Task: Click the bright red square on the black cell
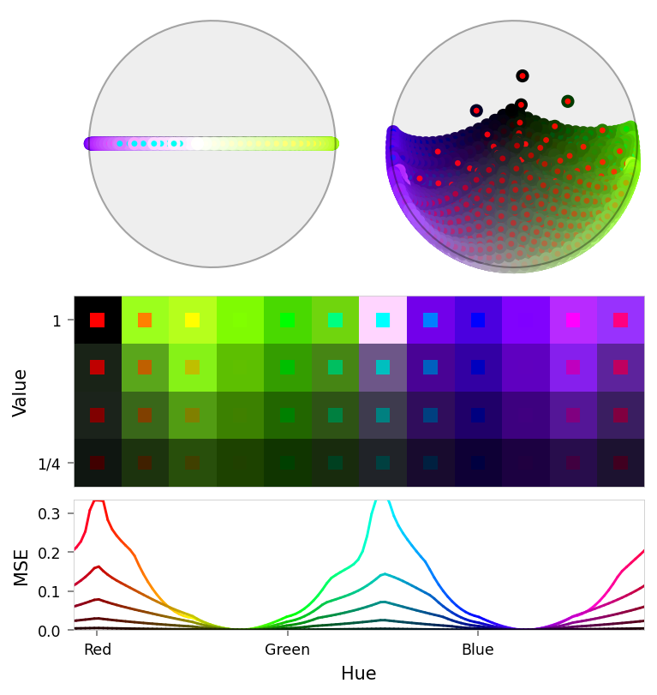[x=97, y=320]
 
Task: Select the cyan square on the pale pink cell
[x=383, y=320]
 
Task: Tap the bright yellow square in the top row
[x=192, y=320]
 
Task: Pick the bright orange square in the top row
[x=145, y=320]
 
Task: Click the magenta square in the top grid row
[x=573, y=320]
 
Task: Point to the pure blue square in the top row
[x=478, y=320]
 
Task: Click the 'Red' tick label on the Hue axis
[x=98, y=650]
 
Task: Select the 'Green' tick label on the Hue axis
[x=287, y=650]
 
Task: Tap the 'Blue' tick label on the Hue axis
[x=477, y=650]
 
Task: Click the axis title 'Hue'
[x=358, y=674]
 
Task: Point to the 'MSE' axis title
[x=21, y=567]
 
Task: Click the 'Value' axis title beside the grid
[x=21, y=392]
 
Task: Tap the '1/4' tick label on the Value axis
[x=50, y=464]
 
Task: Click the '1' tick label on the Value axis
[x=57, y=321]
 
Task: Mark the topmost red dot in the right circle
[x=523, y=76]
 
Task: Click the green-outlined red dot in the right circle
[x=567, y=101]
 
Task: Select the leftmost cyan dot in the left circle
[x=120, y=143]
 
